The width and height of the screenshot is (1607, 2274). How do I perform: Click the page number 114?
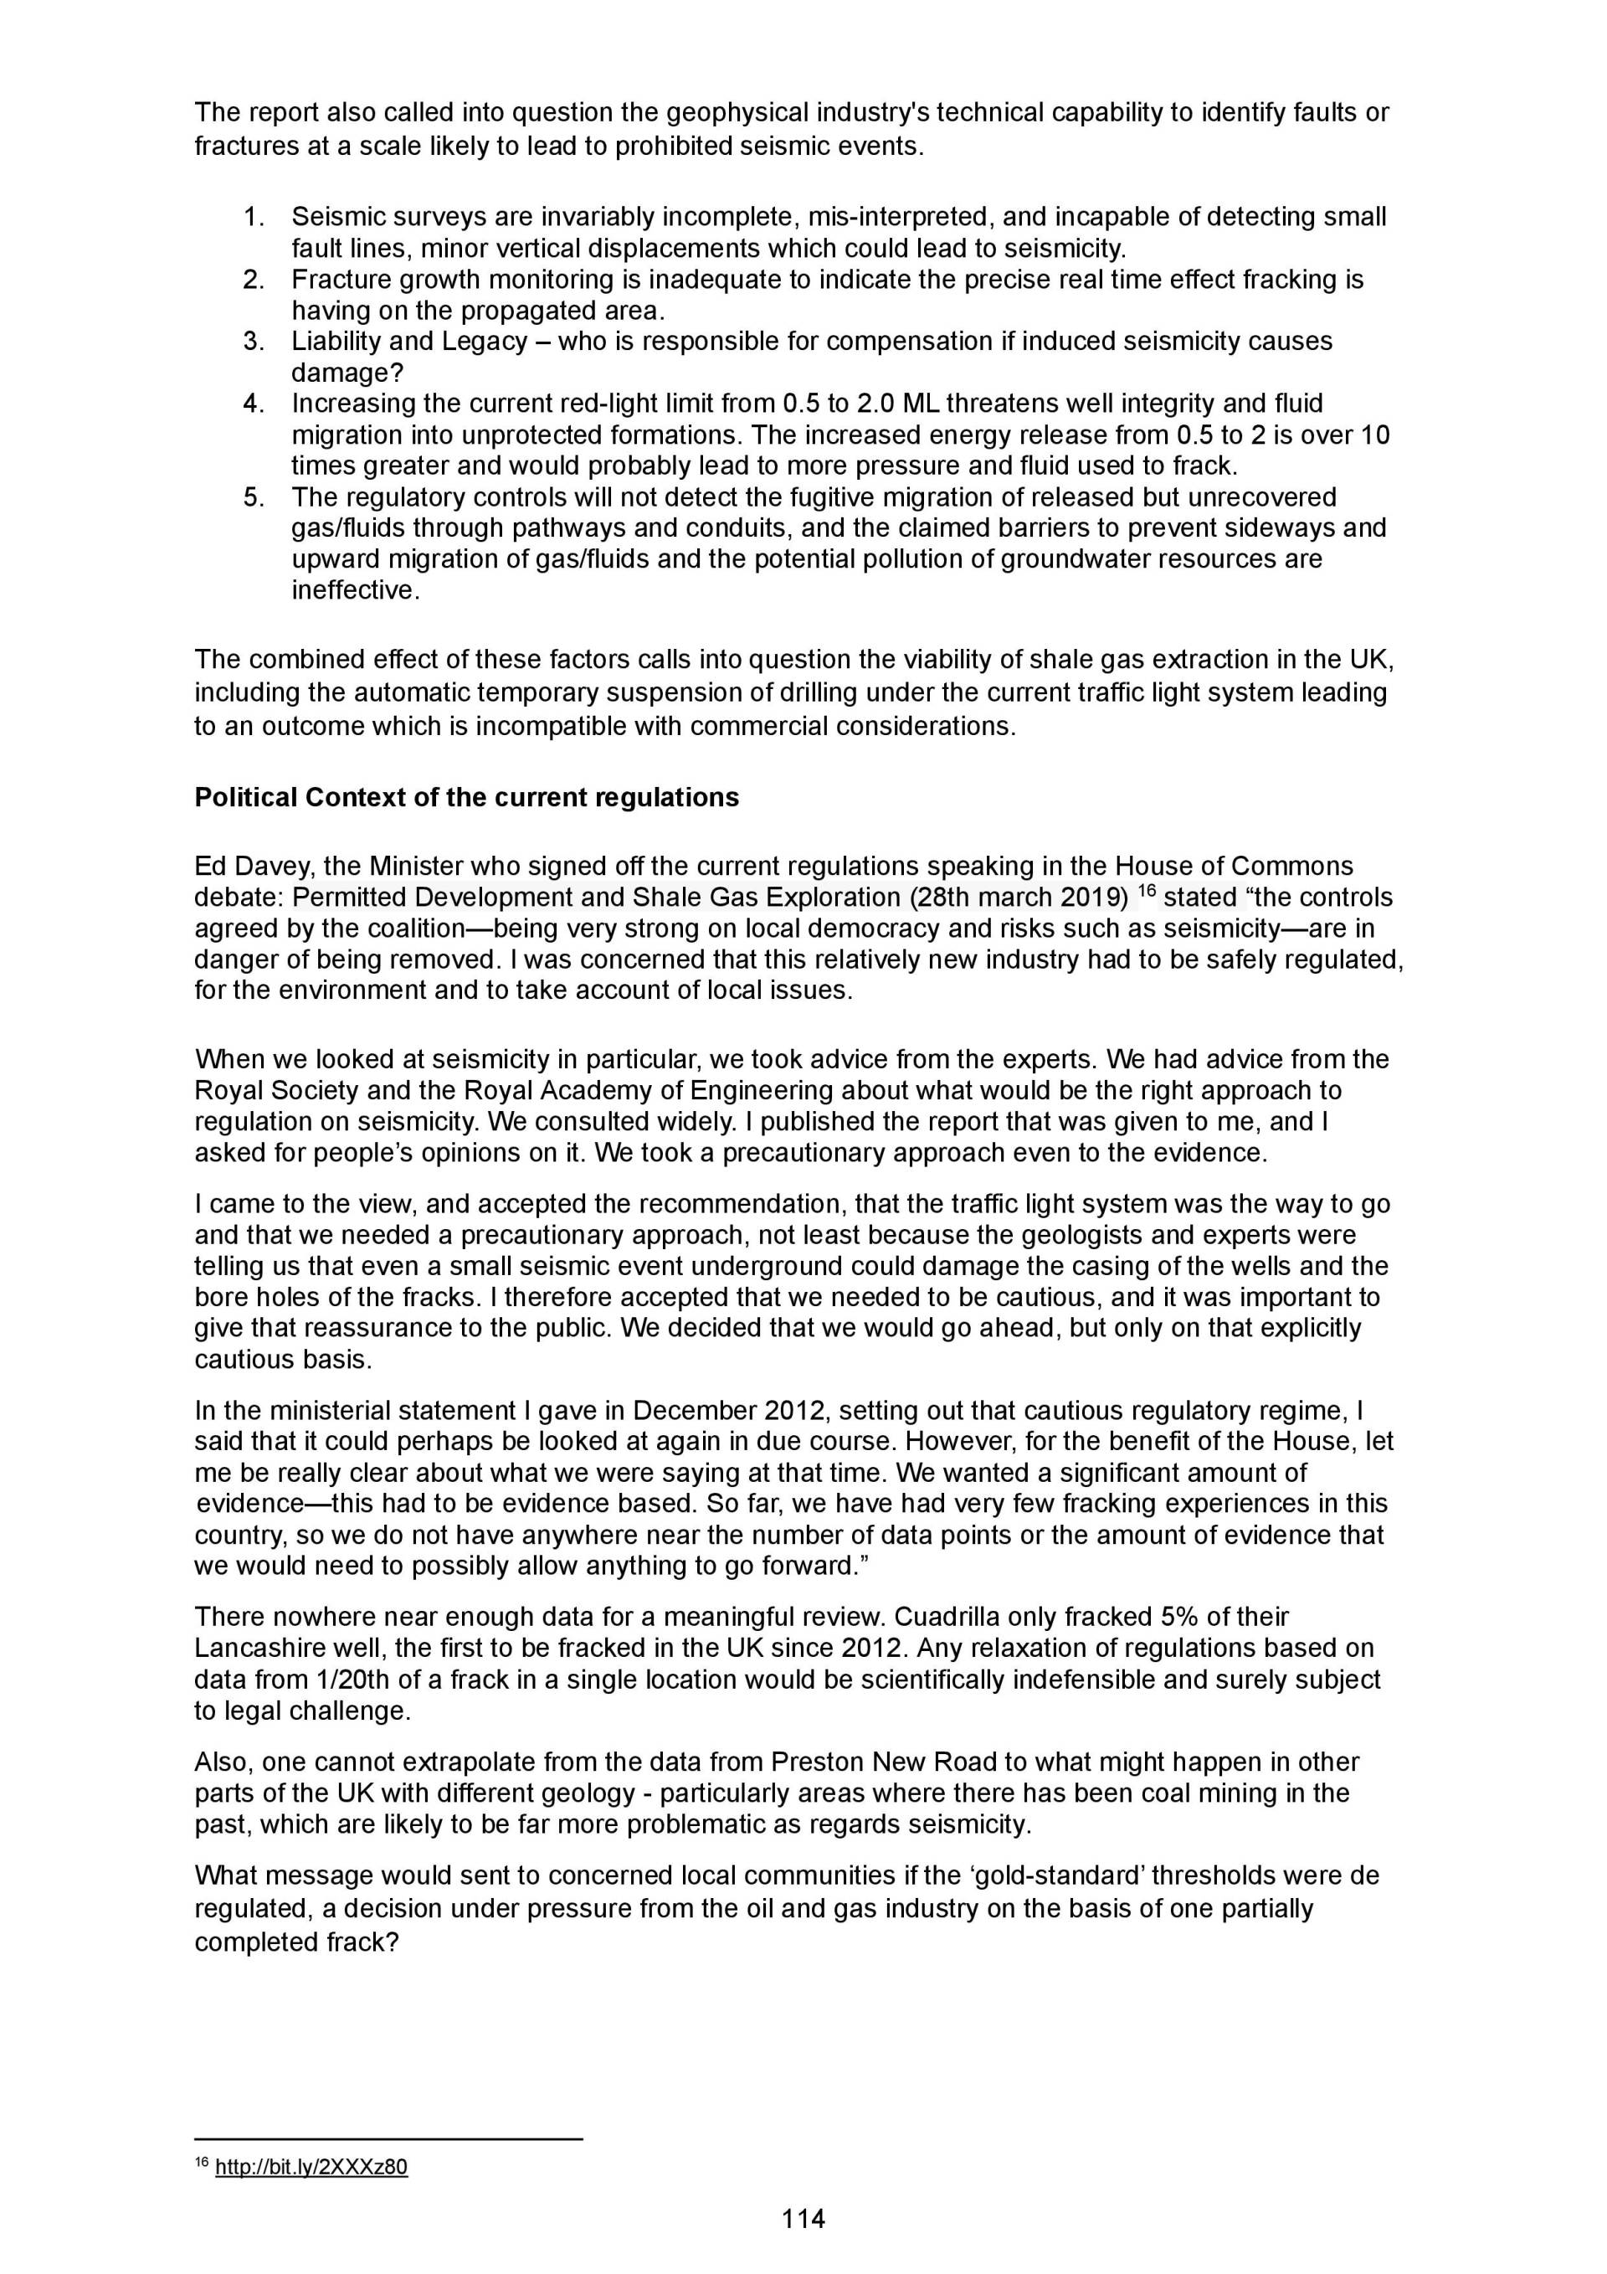pyautogui.click(x=803, y=2219)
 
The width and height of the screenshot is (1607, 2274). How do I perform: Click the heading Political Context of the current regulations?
pyautogui.click(x=466, y=797)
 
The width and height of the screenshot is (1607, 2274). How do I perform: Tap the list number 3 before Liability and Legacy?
pyautogui.click(x=254, y=342)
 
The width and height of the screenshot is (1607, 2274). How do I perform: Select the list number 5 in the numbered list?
pyautogui.click(x=254, y=497)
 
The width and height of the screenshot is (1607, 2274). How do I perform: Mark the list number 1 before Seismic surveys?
pyautogui.click(x=254, y=217)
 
